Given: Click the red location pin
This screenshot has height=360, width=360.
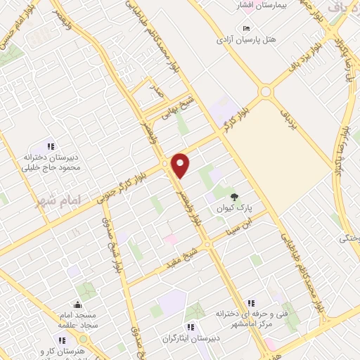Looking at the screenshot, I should pos(181,165).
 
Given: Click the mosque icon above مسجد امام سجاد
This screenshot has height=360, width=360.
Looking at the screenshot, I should pos(77,306).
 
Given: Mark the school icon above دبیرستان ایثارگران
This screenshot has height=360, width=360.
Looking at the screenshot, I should pos(190,326).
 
